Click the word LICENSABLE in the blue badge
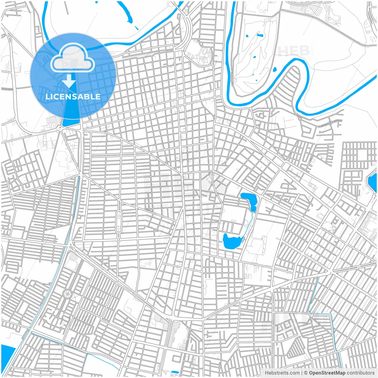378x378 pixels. (x=73, y=97)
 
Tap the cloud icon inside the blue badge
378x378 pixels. (x=73, y=57)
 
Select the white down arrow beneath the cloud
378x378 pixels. (x=69, y=81)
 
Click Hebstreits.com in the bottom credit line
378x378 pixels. (x=282, y=373)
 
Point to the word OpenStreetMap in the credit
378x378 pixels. (x=327, y=373)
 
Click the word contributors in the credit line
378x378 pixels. (x=361, y=373)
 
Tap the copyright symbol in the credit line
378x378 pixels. (x=306, y=373)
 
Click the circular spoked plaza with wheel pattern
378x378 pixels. (x=67, y=294)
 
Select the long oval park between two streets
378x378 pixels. (x=119, y=222)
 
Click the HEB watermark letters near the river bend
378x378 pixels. (x=294, y=51)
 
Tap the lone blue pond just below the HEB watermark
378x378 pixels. (x=275, y=70)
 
